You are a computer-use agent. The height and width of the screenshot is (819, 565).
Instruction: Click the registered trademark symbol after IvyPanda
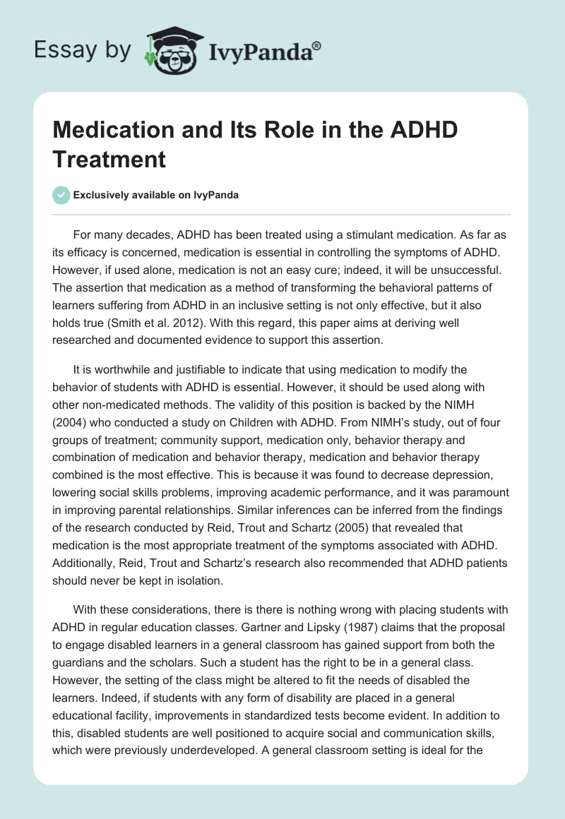click(x=316, y=47)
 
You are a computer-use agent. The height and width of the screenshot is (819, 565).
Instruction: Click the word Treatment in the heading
click(x=109, y=159)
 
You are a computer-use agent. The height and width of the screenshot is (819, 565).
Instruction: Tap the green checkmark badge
click(x=62, y=195)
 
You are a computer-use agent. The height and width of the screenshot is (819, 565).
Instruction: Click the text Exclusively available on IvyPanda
click(x=156, y=195)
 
